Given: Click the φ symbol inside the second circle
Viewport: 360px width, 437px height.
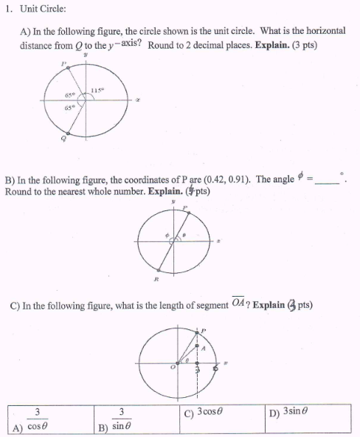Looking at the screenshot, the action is [167, 236].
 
